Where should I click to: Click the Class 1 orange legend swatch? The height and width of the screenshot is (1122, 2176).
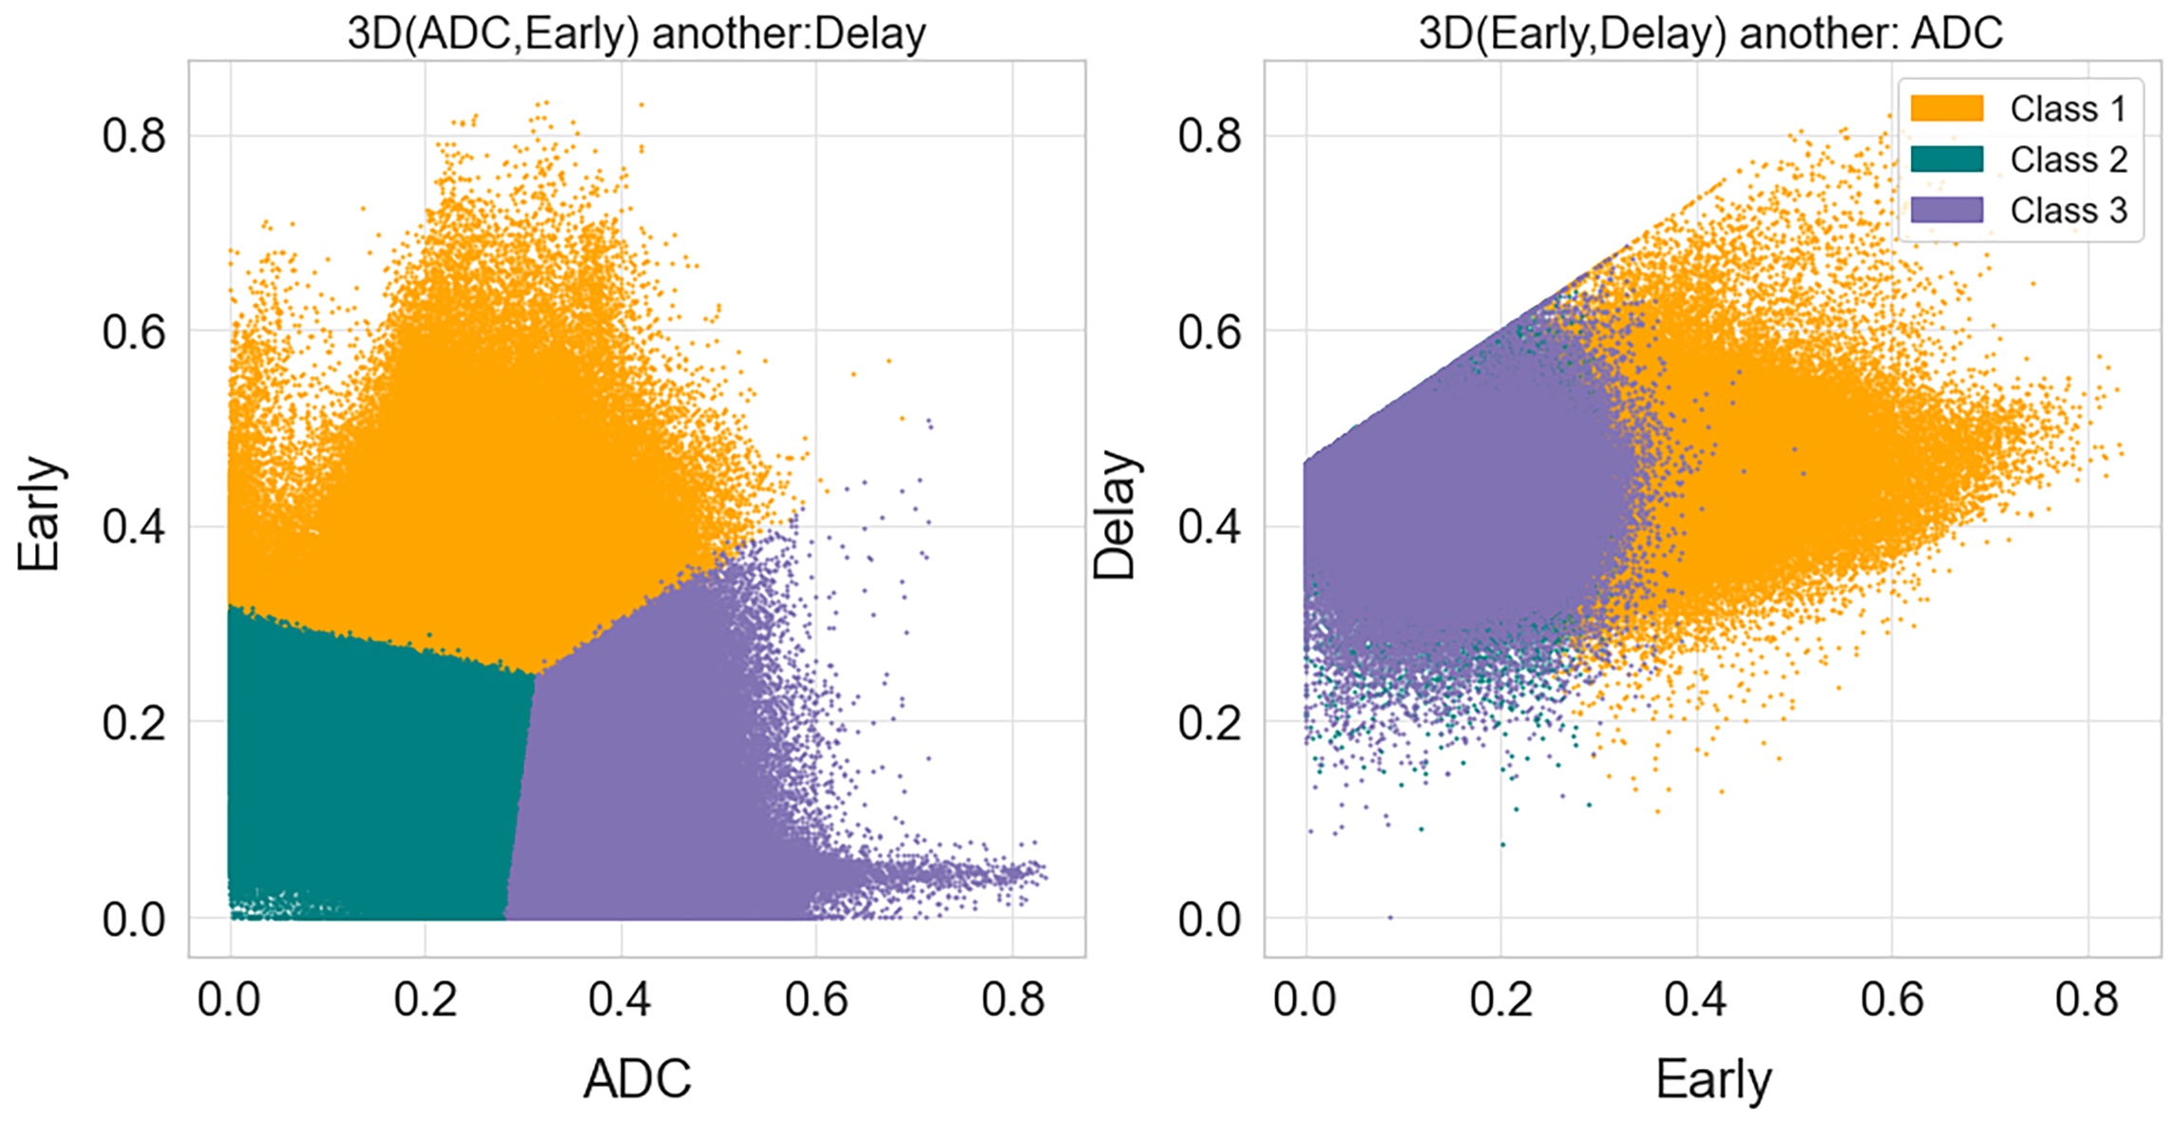pos(1946,108)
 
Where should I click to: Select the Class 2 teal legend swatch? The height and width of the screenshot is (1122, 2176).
pos(1946,160)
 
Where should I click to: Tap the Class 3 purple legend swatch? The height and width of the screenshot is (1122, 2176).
pos(1946,210)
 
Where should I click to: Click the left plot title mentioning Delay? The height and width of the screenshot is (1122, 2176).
pos(636,34)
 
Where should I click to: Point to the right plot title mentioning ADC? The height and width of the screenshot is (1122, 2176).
pos(1710,34)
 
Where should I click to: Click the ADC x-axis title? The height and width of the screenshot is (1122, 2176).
pos(637,1078)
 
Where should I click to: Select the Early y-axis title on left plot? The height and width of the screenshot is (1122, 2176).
pos(40,513)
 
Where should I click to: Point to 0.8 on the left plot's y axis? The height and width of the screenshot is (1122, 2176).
pos(133,136)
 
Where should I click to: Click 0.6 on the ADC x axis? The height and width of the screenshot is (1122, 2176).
pos(816,999)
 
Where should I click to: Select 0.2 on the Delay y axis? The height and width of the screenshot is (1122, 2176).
pos(1209,723)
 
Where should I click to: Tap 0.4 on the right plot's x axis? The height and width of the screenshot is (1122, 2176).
pos(1696,999)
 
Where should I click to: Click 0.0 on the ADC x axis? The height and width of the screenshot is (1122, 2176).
pos(229,999)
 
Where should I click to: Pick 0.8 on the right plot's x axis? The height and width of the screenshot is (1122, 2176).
pos(2087,999)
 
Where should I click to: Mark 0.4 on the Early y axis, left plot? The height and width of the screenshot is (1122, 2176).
pos(133,527)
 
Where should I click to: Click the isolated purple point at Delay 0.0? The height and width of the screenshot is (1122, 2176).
pos(1391,918)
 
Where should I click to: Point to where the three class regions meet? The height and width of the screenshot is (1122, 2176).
pos(535,674)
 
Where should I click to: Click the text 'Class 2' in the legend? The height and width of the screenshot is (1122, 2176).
pos(2068,160)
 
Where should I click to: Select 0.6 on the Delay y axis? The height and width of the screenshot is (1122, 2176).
pos(1209,332)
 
